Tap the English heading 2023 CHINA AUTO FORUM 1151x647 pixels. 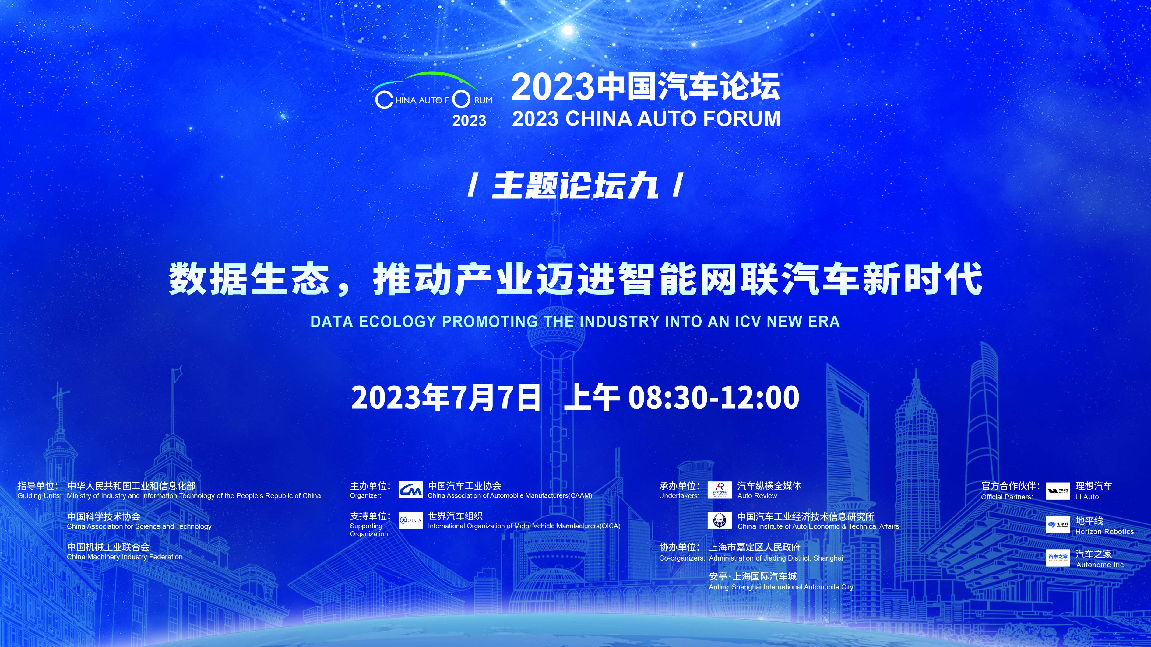pyautogui.click(x=646, y=119)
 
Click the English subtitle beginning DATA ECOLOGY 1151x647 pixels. pyautogui.click(x=575, y=321)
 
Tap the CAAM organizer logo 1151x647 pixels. pyautogui.click(x=410, y=490)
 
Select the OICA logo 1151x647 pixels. pyautogui.click(x=410, y=520)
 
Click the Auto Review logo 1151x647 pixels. pyautogui.click(x=719, y=490)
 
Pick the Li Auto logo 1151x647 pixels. pyautogui.click(x=1058, y=491)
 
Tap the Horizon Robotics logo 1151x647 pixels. pyautogui.click(x=1058, y=525)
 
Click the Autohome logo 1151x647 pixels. pyautogui.click(x=1058, y=558)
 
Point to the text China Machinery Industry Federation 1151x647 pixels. pyautogui.click(x=125, y=557)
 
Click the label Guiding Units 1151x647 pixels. pyautogui.click(x=39, y=496)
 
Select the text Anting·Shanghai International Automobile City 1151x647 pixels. pyautogui.click(x=781, y=587)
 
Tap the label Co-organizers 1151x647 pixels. pyautogui.click(x=682, y=558)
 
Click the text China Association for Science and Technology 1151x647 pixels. pyautogui.click(x=139, y=526)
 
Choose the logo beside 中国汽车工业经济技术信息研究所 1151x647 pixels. pyautogui.click(x=719, y=520)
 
